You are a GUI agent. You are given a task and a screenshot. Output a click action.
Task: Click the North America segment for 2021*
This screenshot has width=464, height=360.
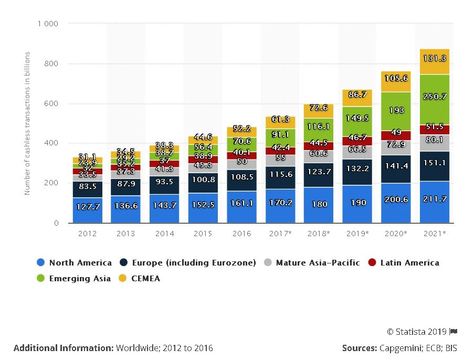tap(435, 202)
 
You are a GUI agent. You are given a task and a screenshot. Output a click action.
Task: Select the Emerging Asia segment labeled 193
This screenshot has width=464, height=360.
tap(396, 111)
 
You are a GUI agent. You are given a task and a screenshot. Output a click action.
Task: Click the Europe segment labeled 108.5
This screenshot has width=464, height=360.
tap(241, 177)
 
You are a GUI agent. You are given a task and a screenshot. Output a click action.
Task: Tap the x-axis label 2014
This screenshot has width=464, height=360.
tap(164, 234)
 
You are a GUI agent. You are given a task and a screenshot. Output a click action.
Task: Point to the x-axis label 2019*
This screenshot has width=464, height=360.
tap(357, 234)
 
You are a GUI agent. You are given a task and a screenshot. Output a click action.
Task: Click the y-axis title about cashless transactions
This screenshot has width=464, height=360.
tap(27, 123)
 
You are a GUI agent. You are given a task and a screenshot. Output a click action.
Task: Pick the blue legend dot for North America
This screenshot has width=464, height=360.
tap(40, 263)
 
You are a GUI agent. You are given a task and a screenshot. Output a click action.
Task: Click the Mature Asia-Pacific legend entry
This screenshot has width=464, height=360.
tap(317, 263)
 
